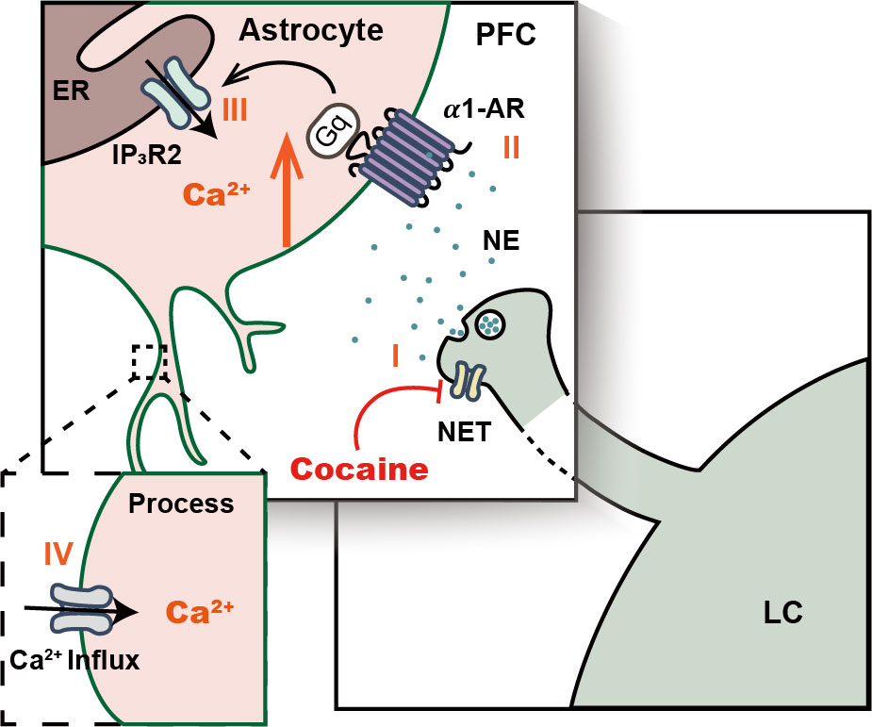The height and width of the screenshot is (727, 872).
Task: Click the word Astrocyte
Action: [311, 30]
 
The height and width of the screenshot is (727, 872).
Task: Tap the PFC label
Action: [505, 35]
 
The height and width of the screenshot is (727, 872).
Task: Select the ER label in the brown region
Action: [72, 91]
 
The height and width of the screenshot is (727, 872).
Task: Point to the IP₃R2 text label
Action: [147, 156]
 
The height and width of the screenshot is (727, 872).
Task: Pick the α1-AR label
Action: [485, 109]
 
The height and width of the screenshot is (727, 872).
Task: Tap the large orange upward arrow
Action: [287, 190]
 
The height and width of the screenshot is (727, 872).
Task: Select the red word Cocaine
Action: [360, 470]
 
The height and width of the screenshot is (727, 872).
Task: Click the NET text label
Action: [465, 432]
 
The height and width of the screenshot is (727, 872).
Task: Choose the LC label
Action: [783, 613]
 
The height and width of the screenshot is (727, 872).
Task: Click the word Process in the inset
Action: [181, 504]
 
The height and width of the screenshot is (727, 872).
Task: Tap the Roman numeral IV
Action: [58, 554]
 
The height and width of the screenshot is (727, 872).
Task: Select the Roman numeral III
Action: [234, 110]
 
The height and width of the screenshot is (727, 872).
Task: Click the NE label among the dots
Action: [502, 240]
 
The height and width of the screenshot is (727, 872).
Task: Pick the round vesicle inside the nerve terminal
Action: [489, 323]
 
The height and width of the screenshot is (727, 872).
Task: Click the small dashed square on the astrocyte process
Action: [150, 361]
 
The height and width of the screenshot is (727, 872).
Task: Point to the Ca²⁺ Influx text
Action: [74, 661]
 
